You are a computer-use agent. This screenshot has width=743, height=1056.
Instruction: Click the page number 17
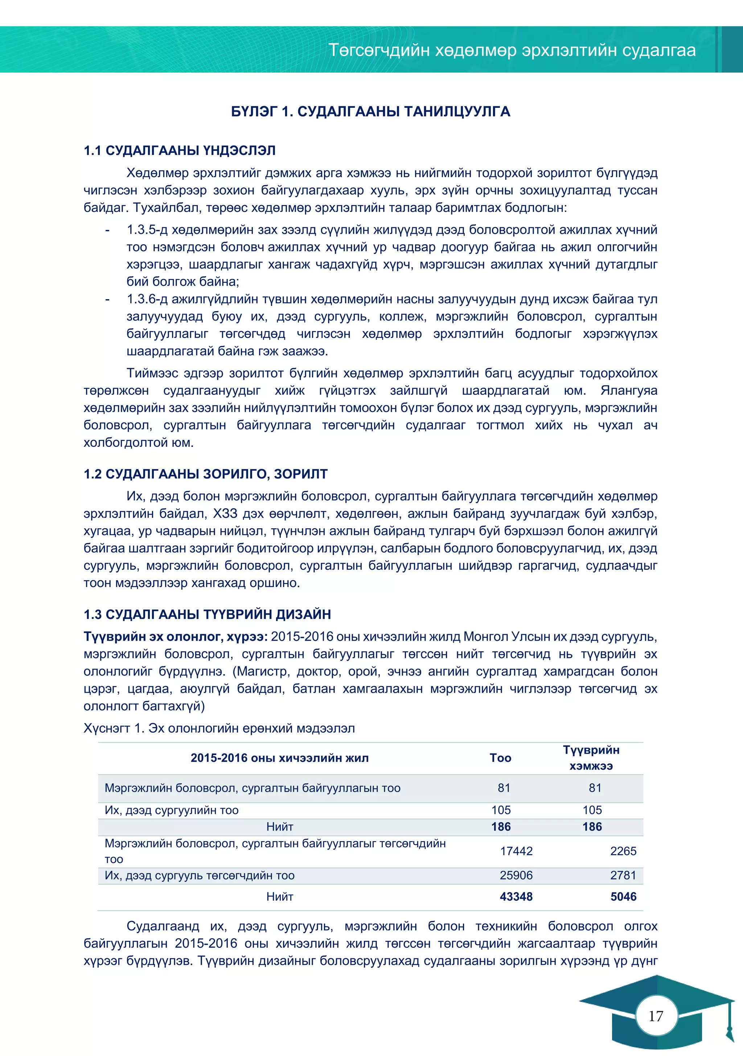click(656, 1016)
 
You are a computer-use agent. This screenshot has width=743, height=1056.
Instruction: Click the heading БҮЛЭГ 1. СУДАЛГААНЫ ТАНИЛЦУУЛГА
click(370, 112)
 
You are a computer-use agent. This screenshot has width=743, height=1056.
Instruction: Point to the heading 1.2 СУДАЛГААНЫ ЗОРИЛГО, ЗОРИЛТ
click(205, 474)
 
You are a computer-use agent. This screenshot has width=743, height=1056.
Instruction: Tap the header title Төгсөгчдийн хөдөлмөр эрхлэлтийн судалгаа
click(512, 50)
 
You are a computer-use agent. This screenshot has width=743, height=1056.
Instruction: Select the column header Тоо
click(500, 758)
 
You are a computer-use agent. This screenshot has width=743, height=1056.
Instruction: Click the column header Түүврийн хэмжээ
click(591, 758)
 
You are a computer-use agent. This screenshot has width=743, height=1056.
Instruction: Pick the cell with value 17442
click(516, 851)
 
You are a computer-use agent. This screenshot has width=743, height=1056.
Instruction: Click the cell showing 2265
click(623, 851)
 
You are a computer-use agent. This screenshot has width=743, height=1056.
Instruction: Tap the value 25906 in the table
click(516, 875)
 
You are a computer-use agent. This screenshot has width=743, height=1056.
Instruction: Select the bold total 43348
click(516, 896)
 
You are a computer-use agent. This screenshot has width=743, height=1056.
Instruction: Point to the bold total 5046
click(623, 896)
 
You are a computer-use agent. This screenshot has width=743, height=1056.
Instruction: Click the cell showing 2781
click(623, 875)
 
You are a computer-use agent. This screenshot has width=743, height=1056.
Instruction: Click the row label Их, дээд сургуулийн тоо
click(172, 810)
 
